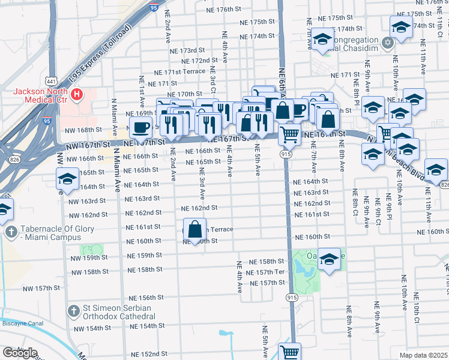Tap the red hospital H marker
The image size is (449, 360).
click(x=77, y=95)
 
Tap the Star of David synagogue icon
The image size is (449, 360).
click(x=388, y=42)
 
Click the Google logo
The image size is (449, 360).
click(x=20, y=352)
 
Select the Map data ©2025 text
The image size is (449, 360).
click(x=423, y=355)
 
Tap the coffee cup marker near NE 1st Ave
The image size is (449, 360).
click(x=142, y=127)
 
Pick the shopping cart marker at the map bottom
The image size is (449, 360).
click(x=290, y=352)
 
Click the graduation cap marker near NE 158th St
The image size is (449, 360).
click(x=329, y=259)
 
